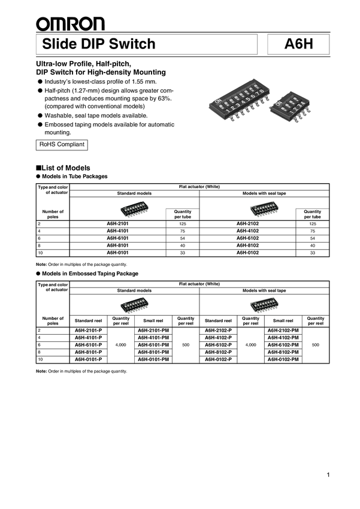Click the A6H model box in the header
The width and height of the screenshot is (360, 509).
pyautogui.click(x=298, y=44)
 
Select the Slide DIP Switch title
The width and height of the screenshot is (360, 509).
pyautogui.click(x=99, y=44)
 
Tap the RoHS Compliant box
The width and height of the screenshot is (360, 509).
pyautogui.click(x=62, y=145)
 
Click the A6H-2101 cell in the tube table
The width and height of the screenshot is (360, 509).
pyautogui.click(x=117, y=223)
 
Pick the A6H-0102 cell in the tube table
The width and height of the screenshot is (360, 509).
pyautogui.click(x=247, y=253)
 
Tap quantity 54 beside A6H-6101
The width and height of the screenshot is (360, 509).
pyautogui.click(x=182, y=238)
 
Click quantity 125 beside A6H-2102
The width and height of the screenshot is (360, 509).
pyautogui.click(x=312, y=223)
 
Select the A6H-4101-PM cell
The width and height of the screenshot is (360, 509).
pyautogui.click(x=153, y=338)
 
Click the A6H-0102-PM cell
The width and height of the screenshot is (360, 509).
pyautogui.click(x=282, y=359)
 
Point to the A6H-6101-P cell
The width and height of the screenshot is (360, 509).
pyautogui.click(x=88, y=345)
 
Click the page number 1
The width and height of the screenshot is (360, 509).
pyautogui.click(x=328, y=475)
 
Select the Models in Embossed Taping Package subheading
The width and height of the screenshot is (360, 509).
pyautogui.click(x=90, y=273)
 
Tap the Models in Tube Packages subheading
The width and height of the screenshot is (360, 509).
pyautogui.click(x=75, y=177)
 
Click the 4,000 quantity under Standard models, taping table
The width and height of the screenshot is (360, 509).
pyautogui.click(x=121, y=345)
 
